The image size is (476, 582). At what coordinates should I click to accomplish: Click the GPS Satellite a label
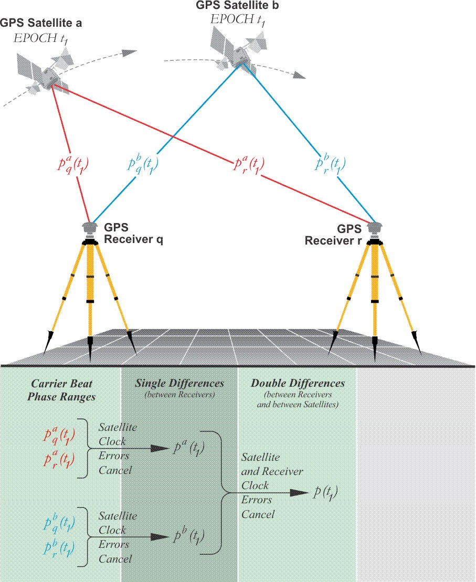41,23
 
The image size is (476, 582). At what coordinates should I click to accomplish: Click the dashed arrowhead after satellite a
128,53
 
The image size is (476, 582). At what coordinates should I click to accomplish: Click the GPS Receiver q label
133,234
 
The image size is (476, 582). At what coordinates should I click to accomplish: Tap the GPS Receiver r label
333,235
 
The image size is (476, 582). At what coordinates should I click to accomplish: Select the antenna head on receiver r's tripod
374,228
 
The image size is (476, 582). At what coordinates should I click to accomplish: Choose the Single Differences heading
179,384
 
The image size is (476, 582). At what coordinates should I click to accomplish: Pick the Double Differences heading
298,384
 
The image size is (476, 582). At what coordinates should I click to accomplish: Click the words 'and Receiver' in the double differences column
272,471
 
